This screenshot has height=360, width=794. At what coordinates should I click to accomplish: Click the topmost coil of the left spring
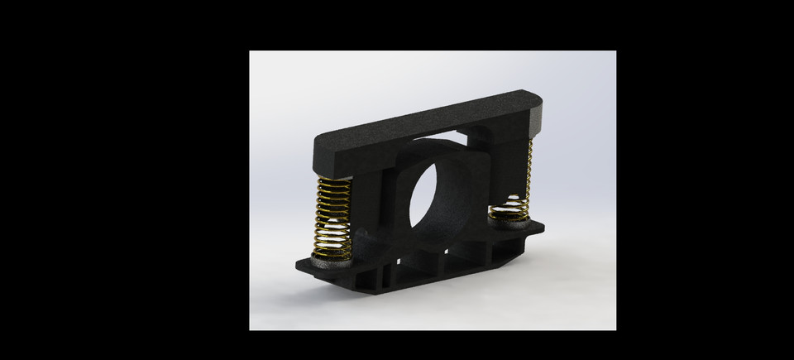[x=335, y=181]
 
